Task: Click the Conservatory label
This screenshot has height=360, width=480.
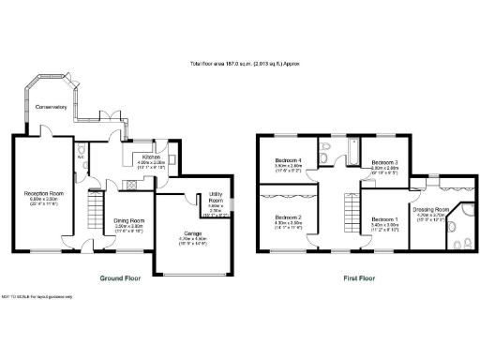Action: [52, 108]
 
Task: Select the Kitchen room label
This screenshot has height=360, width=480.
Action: [151, 157]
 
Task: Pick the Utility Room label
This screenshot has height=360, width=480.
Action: [214, 201]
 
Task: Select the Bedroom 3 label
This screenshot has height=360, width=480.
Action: [384, 162]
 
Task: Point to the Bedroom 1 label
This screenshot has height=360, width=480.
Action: [385, 219]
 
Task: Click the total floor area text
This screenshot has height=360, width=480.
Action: [240, 65]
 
